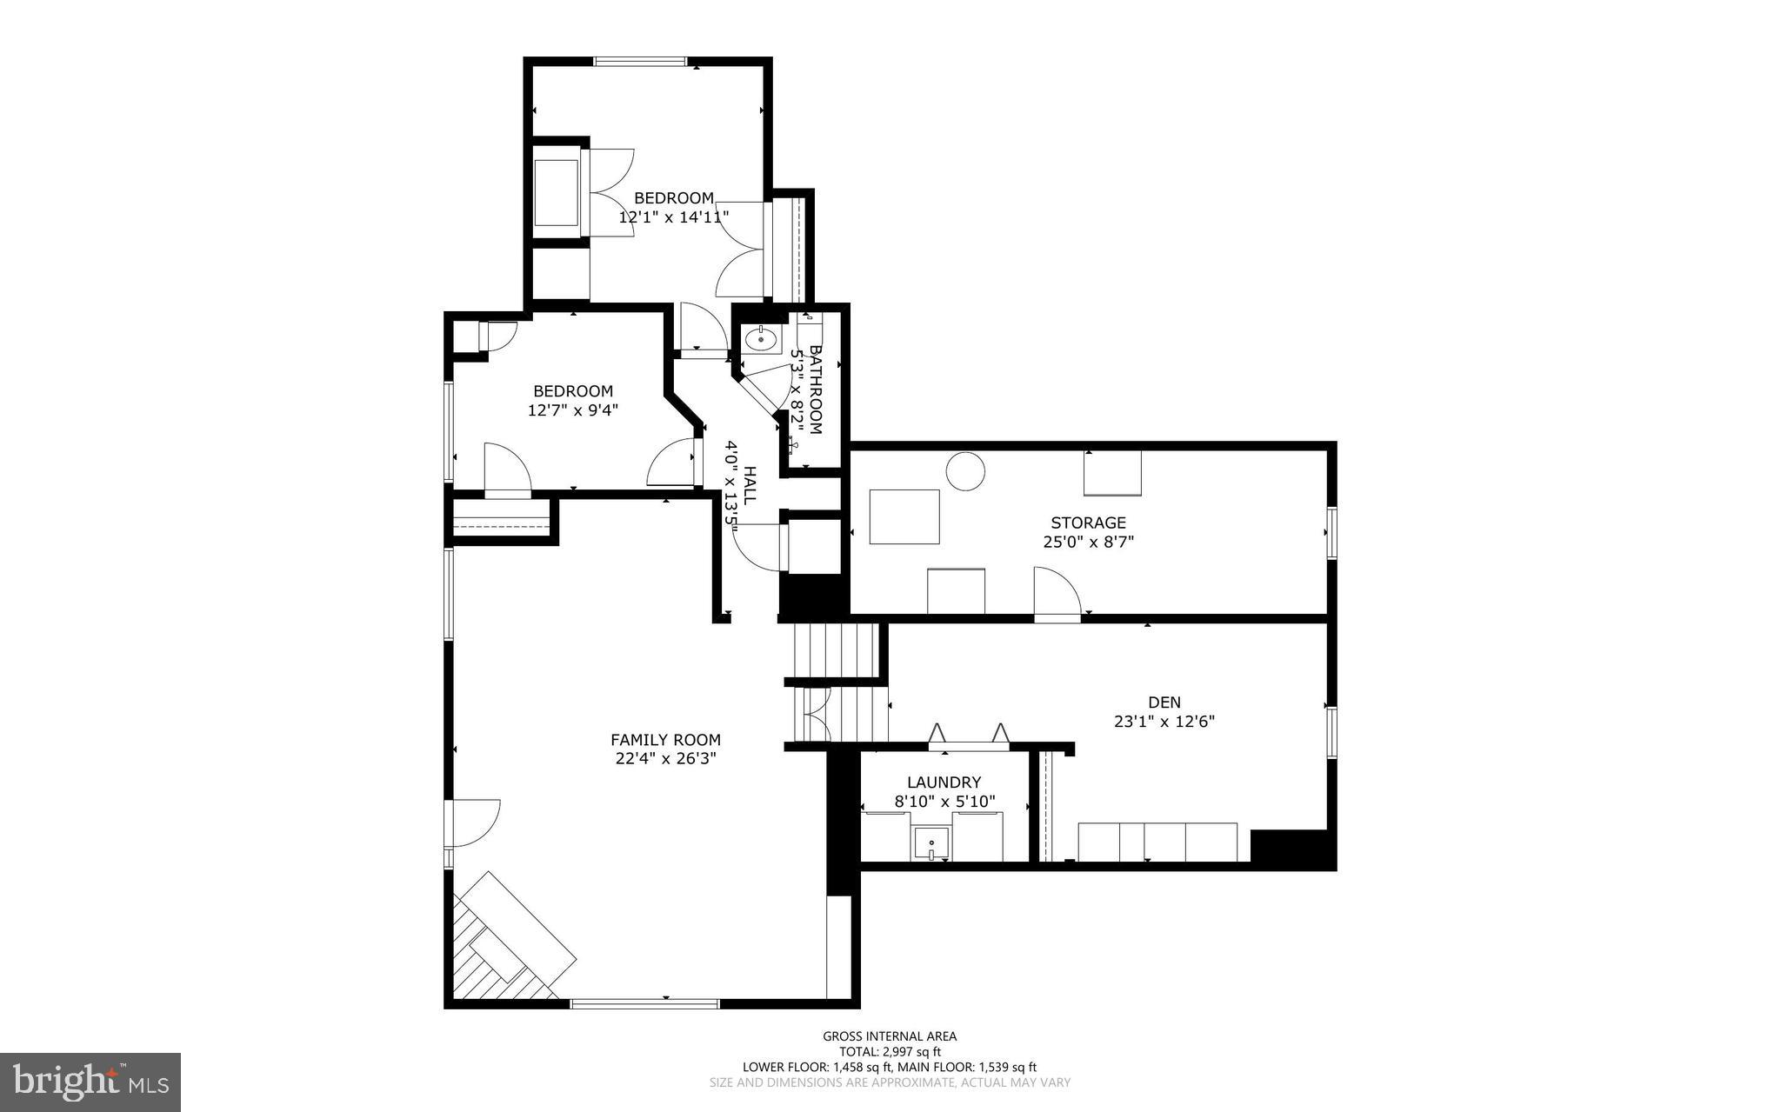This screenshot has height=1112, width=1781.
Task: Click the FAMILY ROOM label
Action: pyautogui.click(x=665, y=740)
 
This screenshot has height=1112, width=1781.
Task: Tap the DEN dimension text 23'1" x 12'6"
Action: pyautogui.click(x=1164, y=721)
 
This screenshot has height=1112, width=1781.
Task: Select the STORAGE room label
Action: pyautogui.click(x=1088, y=523)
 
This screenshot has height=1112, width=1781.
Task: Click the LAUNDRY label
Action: pyautogui.click(x=944, y=782)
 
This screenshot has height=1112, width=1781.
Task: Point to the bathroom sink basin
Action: pyautogui.click(x=762, y=339)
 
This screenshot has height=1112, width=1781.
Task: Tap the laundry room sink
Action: pyautogui.click(x=931, y=844)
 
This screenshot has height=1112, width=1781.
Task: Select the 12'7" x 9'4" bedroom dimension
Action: pyautogui.click(x=573, y=410)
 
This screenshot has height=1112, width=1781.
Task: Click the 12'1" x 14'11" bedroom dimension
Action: pyautogui.click(x=673, y=216)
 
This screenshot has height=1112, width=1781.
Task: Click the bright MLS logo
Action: pyautogui.click(x=90, y=1082)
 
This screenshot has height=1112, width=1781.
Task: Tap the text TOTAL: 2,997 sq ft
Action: pyautogui.click(x=890, y=1051)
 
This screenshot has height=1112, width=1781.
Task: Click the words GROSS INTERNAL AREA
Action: pyautogui.click(x=890, y=1035)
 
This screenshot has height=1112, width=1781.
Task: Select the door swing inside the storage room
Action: pyautogui.click(x=1056, y=593)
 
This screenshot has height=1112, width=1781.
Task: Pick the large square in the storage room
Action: pyautogui.click(x=904, y=516)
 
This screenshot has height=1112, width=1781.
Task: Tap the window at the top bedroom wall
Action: pyautogui.click(x=640, y=62)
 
